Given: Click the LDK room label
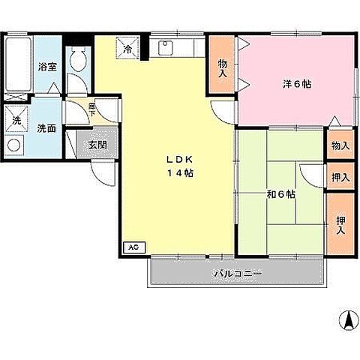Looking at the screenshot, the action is (x=179, y=160).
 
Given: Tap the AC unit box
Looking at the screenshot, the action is (x=134, y=247).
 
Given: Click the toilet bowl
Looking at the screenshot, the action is (x=78, y=60).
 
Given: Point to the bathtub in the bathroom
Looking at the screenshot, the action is (x=18, y=64).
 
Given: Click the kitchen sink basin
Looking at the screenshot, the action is (x=166, y=48).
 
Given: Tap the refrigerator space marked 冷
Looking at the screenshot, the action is (x=127, y=48).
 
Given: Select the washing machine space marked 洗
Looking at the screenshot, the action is (x=16, y=118).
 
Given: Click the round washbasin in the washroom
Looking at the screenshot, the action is (x=13, y=145).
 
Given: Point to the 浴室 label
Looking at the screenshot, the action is (x=47, y=67).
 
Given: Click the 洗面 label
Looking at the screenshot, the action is (x=46, y=128).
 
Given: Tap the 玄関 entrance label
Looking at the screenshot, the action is (x=97, y=145).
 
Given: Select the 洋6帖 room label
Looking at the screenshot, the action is (x=297, y=84).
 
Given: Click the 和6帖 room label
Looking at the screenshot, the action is (x=281, y=194).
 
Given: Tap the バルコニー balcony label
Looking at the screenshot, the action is (x=238, y=274).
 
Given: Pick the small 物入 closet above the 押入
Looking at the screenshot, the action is (x=340, y=145).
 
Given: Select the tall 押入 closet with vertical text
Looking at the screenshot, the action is (x=340, y=225).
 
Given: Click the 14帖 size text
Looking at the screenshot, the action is (x=180, y=173).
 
